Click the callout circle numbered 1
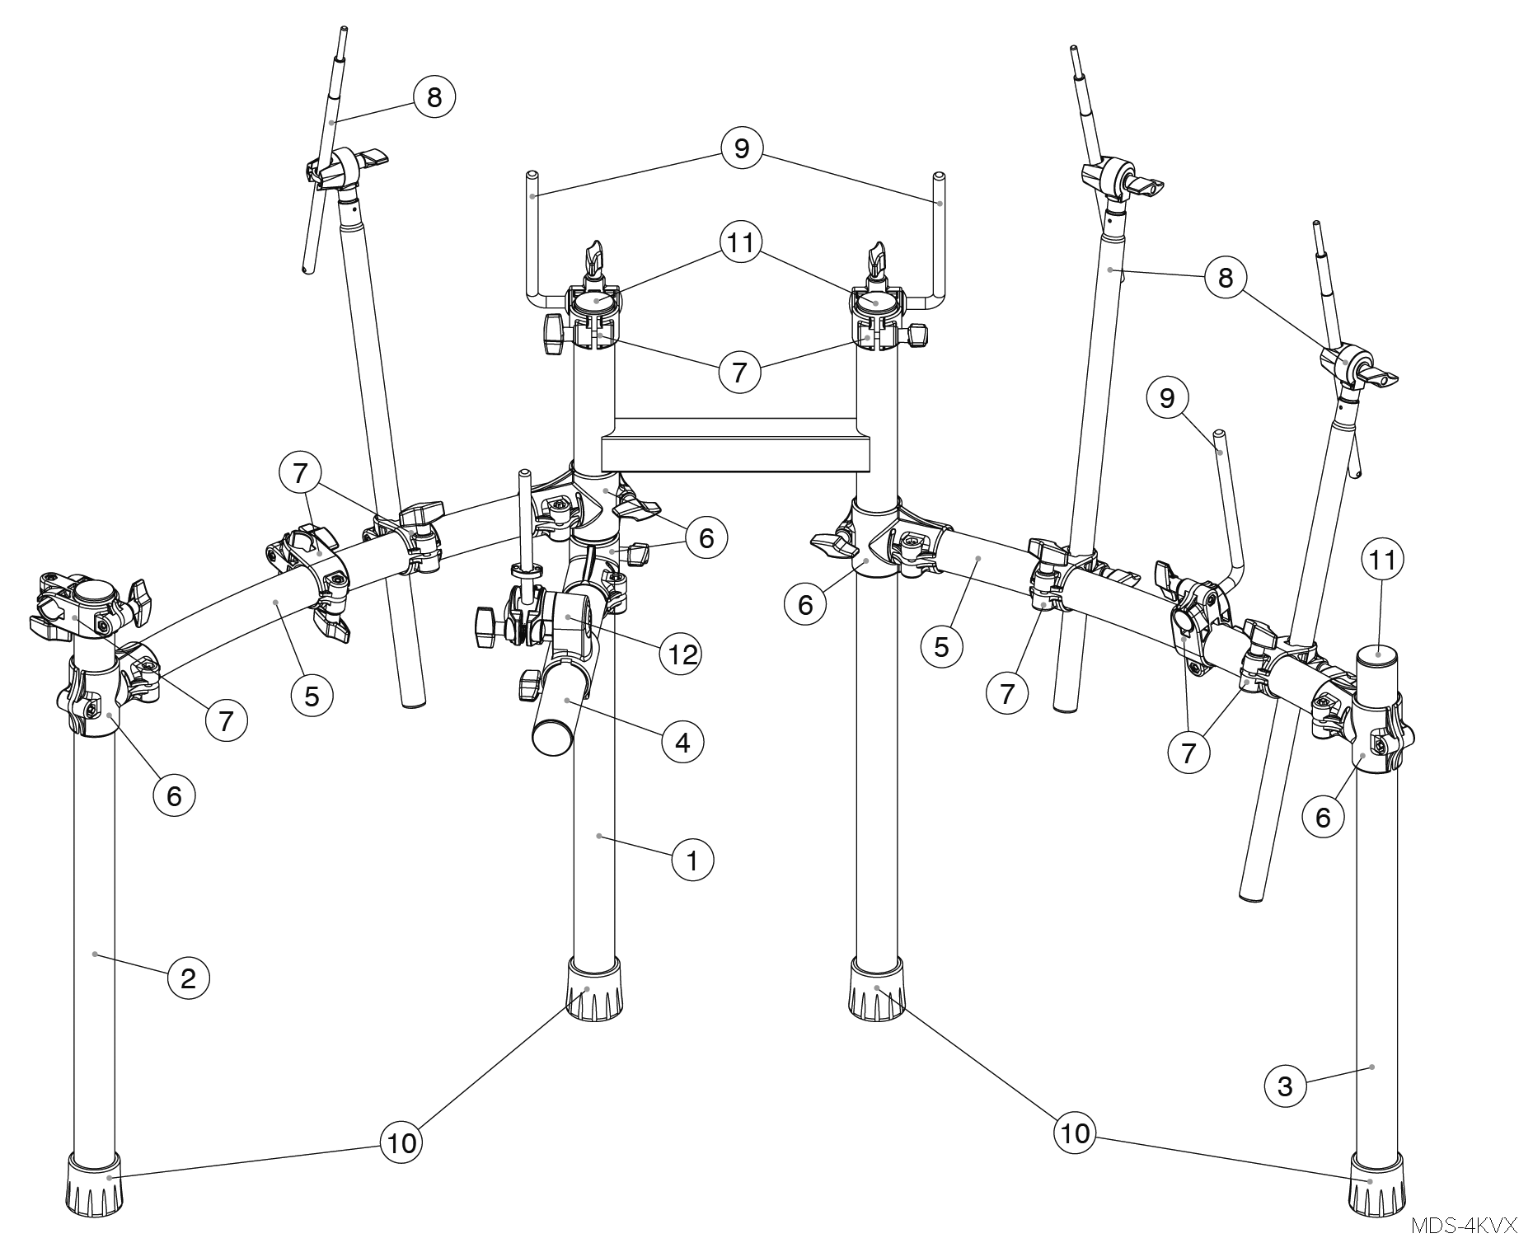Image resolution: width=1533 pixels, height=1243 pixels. (692, 861)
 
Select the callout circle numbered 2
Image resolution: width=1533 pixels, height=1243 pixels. (189, 979)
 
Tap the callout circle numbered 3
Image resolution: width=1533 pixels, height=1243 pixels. (1285, 1087)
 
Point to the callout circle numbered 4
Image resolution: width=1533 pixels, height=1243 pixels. (682, 743)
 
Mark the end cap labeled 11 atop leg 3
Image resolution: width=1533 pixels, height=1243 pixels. (1379, 656)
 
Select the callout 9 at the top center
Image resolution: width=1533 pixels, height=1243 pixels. (741, 148)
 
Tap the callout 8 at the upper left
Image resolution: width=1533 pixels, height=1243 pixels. (434, 97)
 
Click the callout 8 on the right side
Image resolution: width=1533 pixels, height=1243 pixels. (1226, 278)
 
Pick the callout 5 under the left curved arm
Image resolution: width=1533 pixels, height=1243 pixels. (312, 697)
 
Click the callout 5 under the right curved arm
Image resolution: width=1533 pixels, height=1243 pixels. (941, 648)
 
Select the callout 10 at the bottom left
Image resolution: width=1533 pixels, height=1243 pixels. (401, 1142)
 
